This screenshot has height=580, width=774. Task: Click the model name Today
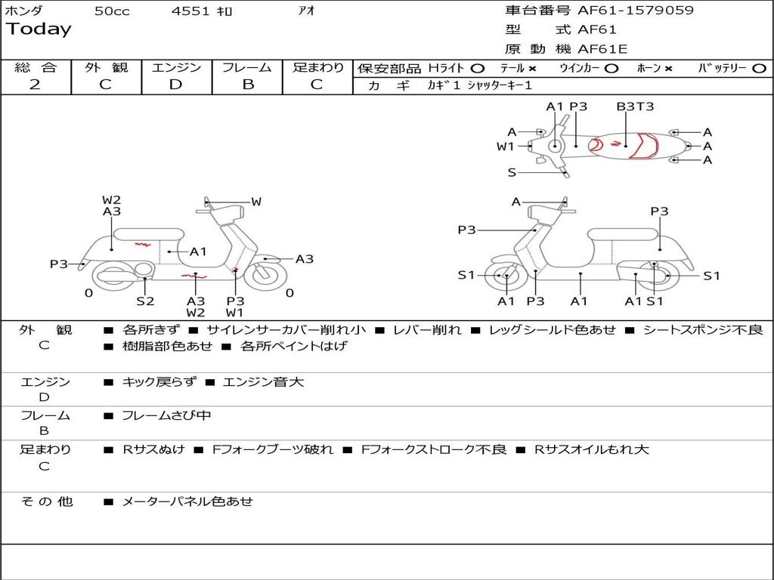click(x=39, y=29)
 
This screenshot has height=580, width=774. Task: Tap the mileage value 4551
click(x=190, y=11)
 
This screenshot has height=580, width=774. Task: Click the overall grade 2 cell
click(x=35, y=85)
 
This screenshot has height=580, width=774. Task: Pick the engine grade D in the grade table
click(x=175, y=85)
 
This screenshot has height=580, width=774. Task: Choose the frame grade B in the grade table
click(x=248, y=85)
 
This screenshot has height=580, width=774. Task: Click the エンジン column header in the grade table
click(x=176, y=68)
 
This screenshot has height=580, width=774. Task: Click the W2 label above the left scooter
click(x=112, y=200)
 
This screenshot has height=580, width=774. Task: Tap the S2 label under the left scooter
click(x=145, y=301)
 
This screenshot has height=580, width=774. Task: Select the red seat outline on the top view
click(x=644, y=146)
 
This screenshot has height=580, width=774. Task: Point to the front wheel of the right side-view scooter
click(x=504, y=276)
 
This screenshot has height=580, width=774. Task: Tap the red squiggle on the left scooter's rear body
click(x=142, y=245)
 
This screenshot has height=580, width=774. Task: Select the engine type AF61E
click(x=602, y=49)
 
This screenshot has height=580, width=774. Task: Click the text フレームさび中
click(x=166, y=415)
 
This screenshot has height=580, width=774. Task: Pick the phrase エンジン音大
click(x=263, y=382)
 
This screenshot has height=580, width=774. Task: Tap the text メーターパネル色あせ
click(x=187, y=501)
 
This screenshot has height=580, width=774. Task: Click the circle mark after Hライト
click(x=477, y=68)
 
